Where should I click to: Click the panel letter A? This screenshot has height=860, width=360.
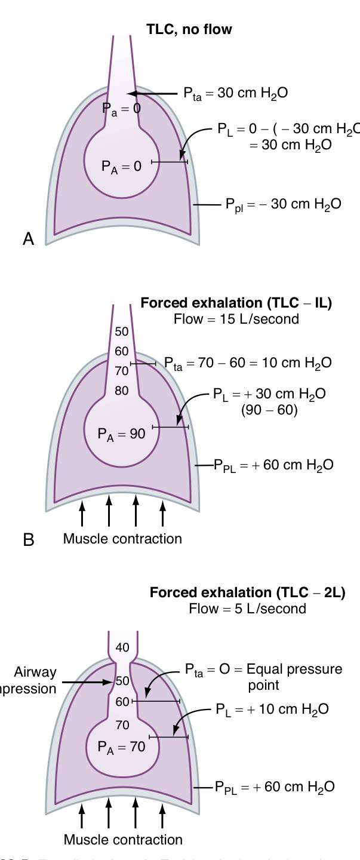(x=28, y=239)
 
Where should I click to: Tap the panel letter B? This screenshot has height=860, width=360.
(x=28, y=540)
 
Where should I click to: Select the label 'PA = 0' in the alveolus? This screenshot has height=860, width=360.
(x=121, y=167)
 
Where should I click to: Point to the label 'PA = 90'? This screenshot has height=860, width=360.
(x=121, y=434)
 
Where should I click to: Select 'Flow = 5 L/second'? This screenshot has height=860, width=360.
(x=247, y=609)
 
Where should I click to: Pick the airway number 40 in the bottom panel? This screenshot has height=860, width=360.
(x=122, y=647)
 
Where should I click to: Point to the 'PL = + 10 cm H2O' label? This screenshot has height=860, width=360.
(x=272, y=709)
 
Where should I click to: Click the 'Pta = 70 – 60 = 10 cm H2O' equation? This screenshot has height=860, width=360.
(x=248, y=363)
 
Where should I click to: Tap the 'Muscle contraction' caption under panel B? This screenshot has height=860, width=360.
(x=122, y=539)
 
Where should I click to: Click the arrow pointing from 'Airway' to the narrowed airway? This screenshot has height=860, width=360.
(x=87, y=682)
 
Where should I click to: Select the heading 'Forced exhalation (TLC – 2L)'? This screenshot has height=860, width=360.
(x=247, y=594)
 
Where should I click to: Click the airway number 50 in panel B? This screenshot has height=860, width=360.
(x=121, y=331)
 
